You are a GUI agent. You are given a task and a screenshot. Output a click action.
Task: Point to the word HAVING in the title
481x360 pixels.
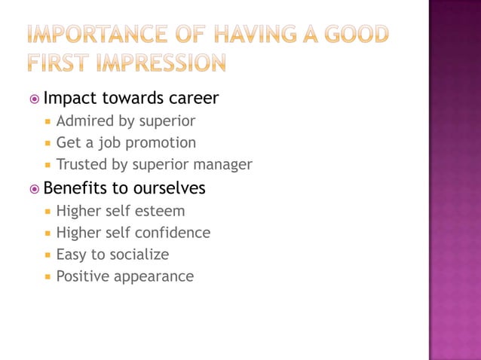256,35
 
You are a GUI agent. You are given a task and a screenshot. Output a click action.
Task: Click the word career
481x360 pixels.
191,98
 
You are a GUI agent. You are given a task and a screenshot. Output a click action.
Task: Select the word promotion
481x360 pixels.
160,143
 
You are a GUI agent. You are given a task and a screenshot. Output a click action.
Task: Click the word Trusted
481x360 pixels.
83,164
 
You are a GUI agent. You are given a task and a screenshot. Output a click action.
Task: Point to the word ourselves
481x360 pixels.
169,188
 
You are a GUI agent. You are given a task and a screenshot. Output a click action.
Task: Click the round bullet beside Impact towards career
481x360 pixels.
34,99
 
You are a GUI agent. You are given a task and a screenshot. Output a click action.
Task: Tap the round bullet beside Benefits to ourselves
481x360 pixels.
34,188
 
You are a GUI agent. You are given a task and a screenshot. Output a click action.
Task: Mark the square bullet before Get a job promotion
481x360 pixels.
47,143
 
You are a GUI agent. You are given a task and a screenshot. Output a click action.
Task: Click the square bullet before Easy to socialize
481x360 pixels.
47,255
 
